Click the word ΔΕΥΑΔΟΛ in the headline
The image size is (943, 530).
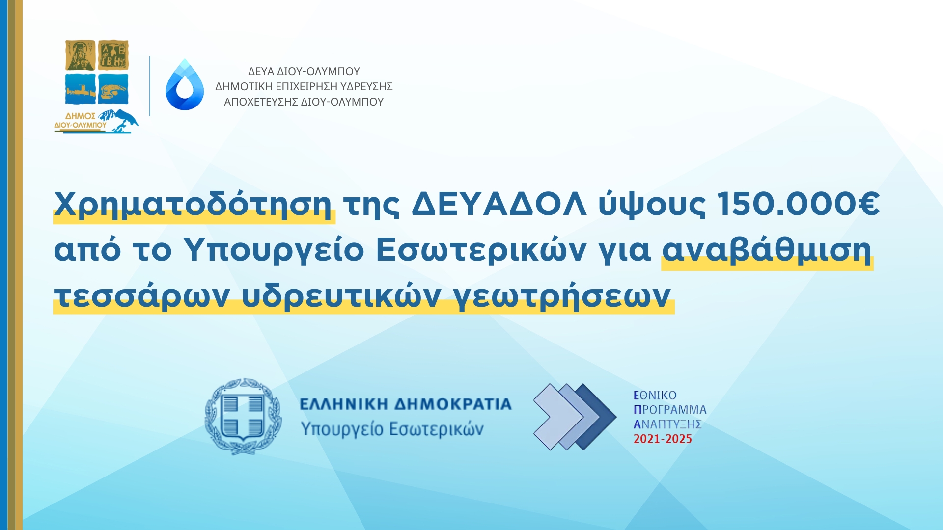tap(499, 203)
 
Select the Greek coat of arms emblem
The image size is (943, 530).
tap(243, 416)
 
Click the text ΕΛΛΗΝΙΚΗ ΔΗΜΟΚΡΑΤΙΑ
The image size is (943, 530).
tap(406, 404)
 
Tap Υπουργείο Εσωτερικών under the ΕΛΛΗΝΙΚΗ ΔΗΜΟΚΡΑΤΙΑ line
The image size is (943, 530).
tap(392, 429)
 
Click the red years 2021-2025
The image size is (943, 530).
tap(663, 439)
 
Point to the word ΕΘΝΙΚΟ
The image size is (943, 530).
tap(655, 396)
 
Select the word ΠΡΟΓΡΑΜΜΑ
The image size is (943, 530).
tap(670, 410)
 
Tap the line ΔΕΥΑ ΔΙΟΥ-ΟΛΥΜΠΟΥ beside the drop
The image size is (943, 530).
tap(304, 72)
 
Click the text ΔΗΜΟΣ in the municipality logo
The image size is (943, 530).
tap(80, 116)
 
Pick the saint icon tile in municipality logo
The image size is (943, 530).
tap(81, 55)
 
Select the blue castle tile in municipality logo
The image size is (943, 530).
tap(81, 88)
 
